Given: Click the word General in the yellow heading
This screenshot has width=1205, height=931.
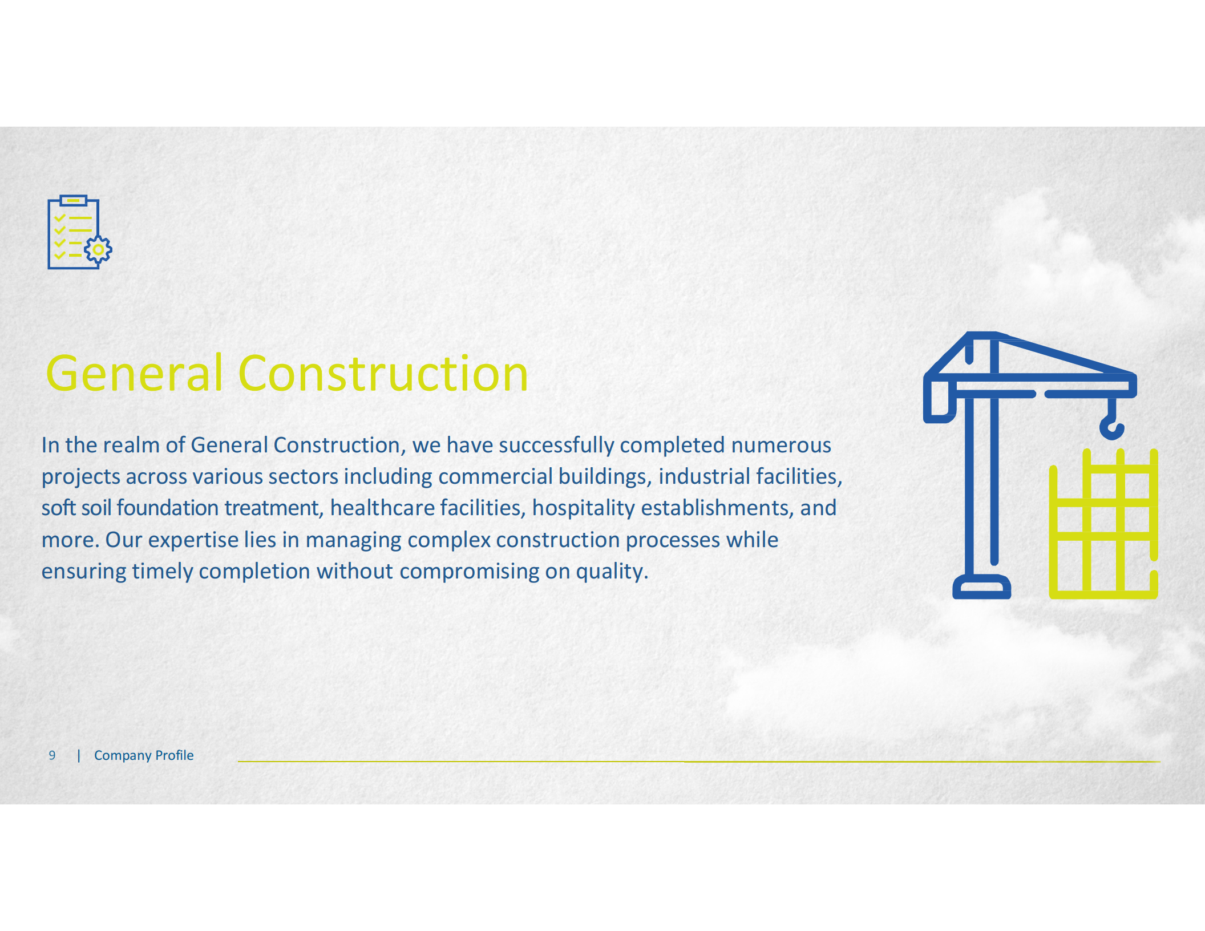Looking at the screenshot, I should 134,374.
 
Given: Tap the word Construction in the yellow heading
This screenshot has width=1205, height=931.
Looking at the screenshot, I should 383,374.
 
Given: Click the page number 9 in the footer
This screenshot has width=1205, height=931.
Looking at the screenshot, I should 52,755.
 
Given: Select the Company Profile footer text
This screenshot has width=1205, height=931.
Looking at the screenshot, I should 144,755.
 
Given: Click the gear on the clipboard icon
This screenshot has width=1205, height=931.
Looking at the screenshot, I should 98,250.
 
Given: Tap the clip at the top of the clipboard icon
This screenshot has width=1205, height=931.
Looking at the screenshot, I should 73,200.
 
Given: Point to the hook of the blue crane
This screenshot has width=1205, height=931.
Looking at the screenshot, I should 1111,428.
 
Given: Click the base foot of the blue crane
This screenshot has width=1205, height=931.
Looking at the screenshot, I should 981,588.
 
